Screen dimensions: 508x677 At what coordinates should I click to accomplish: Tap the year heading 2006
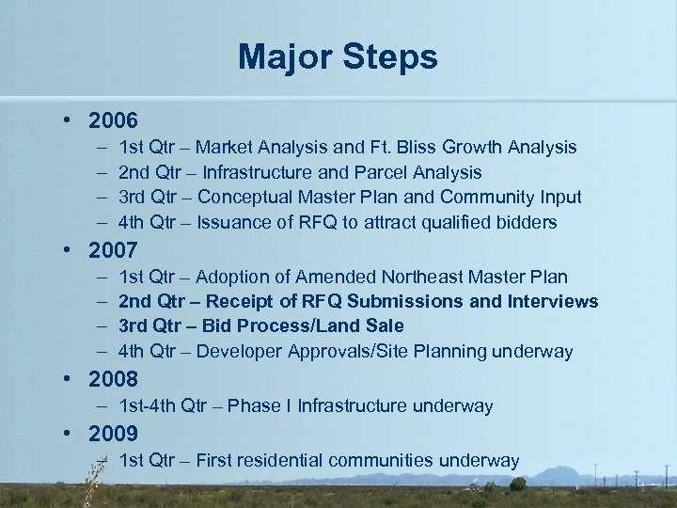tap(113, 121)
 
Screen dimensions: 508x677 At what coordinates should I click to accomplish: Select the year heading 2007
tap(113, 251)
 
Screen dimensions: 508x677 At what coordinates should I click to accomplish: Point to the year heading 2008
tap(113, 380)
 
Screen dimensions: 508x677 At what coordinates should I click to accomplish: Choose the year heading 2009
tap(113, 435)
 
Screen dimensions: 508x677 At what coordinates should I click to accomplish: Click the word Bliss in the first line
tap(424, 148)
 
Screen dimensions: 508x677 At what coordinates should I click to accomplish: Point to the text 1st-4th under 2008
tap(147, 406)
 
